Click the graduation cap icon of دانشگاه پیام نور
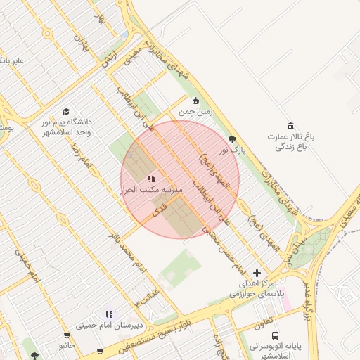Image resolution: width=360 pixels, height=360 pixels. point(66,111)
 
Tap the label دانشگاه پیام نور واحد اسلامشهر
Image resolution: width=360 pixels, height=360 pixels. point(66,127)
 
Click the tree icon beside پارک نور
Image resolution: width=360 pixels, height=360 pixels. point(233,139)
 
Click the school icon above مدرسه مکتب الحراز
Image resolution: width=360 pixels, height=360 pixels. point(151,179)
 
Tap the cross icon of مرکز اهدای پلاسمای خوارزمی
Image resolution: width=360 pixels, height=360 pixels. point(256,272)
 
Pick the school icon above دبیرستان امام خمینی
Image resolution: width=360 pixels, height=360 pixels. point(109,314)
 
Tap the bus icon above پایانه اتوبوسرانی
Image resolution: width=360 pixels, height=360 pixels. point(275,336)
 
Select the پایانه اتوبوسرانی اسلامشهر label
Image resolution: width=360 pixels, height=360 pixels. point(276,351)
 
